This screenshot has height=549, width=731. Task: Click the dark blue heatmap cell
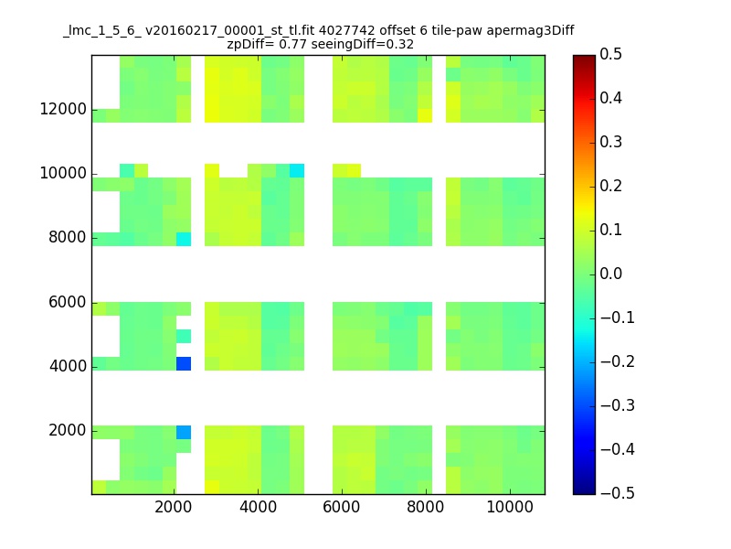[184, 363]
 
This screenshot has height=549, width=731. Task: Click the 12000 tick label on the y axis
[63, 109]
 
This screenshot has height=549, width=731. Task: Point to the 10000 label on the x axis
[510, 507]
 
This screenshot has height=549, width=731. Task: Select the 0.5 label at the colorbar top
[610, 54]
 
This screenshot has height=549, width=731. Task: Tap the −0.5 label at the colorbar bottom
[618, 493]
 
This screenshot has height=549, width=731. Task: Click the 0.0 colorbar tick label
[610, 274]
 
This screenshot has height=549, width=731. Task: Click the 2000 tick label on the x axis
[173, 507]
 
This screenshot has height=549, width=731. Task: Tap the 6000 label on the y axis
[68, 302]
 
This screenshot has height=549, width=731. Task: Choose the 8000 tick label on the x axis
[425, 507]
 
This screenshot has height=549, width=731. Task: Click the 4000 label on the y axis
[68, 366]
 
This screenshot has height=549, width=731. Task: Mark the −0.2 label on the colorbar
[618, 361]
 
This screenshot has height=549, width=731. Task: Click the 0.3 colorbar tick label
[610, 142]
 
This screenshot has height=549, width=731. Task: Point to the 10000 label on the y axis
[63, 173]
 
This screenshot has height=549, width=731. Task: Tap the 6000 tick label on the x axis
[341, 507]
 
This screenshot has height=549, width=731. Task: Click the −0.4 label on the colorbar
[618, 449]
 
